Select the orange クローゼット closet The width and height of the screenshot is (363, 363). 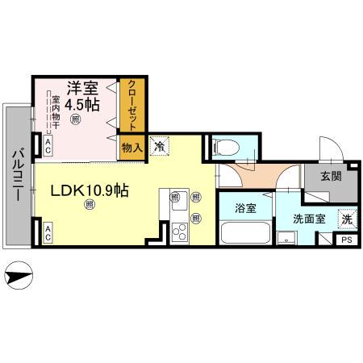click(129, 105)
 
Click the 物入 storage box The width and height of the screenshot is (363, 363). click(131, 147)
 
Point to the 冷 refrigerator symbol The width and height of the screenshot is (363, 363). click(160, 147)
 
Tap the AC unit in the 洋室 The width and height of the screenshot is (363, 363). click(48, 146)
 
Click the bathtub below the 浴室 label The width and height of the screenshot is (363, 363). click(245, 234)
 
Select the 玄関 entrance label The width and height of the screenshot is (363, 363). click(329, 176)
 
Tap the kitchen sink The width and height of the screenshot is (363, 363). click(177, 198)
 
